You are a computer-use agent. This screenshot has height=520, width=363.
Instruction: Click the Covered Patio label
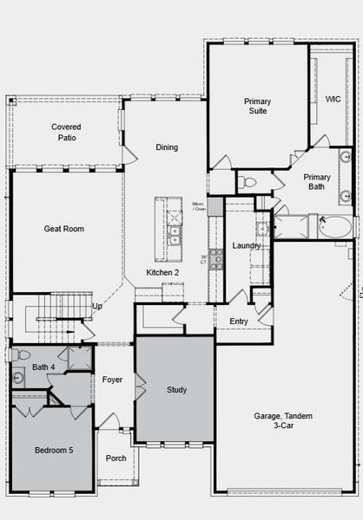(67, 132)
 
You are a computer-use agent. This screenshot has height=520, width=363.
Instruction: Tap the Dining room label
(167, 147)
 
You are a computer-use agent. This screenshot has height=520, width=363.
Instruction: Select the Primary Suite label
(257, 107)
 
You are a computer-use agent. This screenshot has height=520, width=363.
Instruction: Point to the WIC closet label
(333, 100)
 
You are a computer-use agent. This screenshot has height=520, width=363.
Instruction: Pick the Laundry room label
(247, 246)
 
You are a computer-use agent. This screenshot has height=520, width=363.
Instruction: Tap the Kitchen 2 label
(162, 273)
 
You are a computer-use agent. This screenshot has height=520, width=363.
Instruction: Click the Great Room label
(63, 229)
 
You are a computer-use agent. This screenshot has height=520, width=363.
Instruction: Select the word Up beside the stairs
(97, 306)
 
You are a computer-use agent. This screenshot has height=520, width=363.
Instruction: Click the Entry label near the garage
(239, 322)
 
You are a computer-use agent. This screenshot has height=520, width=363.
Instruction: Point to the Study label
(176, 390)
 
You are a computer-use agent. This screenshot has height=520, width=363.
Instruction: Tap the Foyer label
(112, 380)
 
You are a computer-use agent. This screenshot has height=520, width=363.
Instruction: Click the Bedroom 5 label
(54, 451)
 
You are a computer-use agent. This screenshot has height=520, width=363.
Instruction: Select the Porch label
(115, 458)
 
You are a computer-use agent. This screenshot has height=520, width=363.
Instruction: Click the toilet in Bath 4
(21, 355)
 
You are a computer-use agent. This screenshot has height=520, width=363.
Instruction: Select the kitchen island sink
(175, 232)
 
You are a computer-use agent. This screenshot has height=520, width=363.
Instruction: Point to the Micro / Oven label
(199, 205)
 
